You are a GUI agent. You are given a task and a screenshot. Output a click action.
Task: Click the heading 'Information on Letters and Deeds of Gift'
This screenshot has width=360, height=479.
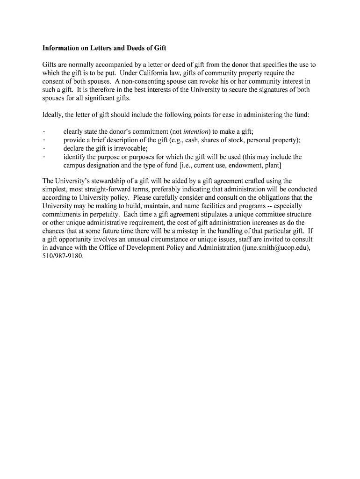click(x=104, y=48)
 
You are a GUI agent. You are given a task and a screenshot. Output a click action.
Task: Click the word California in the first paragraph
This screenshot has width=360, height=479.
click(x=155, y=73)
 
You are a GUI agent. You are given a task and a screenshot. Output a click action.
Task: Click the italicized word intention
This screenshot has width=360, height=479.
click(x=197, y=132)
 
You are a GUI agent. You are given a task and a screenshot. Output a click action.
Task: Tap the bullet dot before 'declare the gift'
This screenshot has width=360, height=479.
click(x=43, y=149)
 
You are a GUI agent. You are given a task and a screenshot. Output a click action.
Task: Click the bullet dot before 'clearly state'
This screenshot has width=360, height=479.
click(x=43, y=132)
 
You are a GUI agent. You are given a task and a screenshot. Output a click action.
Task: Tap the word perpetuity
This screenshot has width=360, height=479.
click(x=105, y=215)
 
